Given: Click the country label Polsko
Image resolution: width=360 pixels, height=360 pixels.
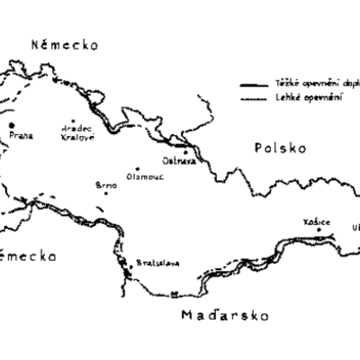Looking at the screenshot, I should (280, 148).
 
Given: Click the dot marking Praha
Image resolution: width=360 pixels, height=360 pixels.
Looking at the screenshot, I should (13, 125).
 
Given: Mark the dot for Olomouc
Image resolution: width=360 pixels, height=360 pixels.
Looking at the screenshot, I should (139, 168).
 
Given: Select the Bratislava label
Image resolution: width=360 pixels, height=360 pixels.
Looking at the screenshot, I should (150, 263).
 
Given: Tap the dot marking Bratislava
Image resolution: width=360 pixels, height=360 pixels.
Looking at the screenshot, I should (127, 262).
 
